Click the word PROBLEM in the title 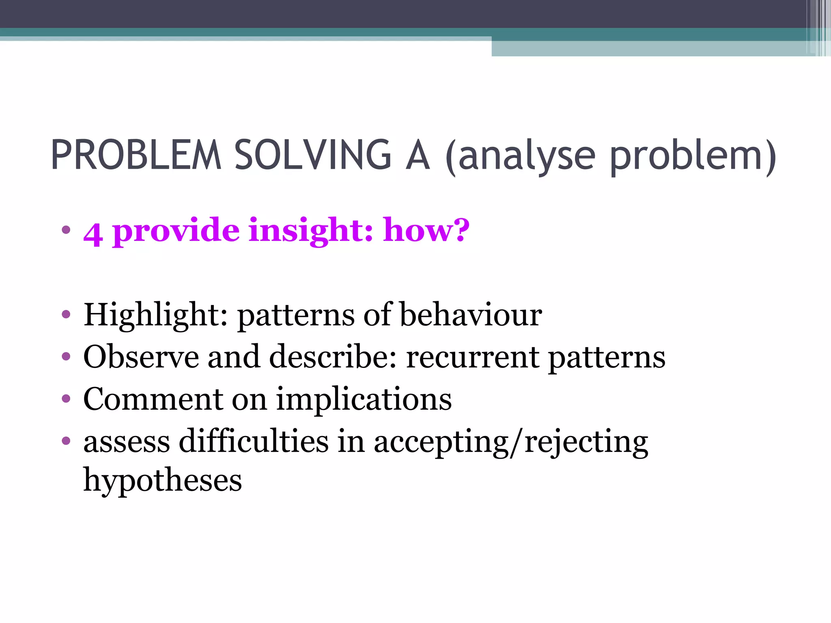click(x=136, y=155)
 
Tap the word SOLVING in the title click(x=313, y=155)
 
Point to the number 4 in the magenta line click(x=93, y=234)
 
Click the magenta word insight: click(x=310, y=230)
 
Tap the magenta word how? click(x=426, y=230)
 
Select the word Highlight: click(x=155, y=316)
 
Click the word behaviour click(x=471, y=315)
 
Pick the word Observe click(x=141, y=357)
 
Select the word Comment click(x=153, y=399)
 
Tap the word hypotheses click(x=162, y=481)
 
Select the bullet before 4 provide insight click(x=66, y=230)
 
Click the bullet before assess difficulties click(x=66, y=440)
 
